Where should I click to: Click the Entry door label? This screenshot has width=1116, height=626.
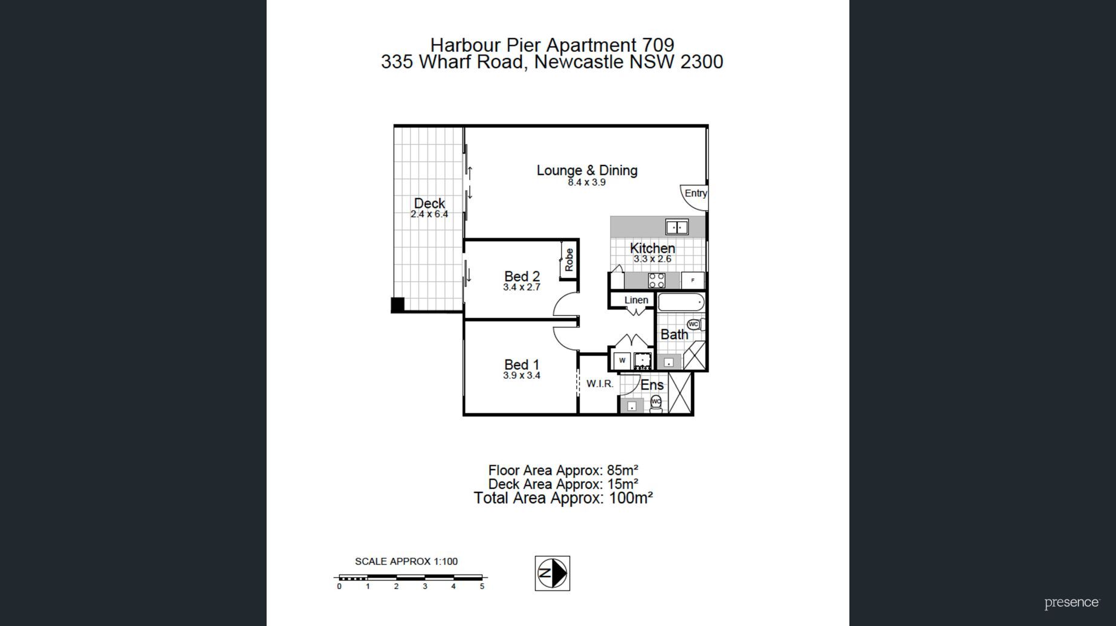point(695,193)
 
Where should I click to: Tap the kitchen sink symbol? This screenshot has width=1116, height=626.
point(676,227)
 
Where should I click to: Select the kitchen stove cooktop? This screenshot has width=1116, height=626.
point(657,280)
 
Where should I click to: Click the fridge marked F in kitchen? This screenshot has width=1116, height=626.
point(692,280)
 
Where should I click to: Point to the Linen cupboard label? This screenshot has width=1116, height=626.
point(636,300)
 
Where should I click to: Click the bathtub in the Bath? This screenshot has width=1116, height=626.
point(681,302)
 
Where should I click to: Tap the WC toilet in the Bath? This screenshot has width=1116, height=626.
point(696,324)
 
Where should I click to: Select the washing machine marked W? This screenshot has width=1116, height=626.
point(622,361)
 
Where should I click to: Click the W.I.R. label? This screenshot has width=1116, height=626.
point(600,384)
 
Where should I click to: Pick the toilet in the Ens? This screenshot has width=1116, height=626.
point(656,403)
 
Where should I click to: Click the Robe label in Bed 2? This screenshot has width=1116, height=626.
point(569,260)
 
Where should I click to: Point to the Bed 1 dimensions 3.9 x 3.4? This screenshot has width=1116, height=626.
point(522,375)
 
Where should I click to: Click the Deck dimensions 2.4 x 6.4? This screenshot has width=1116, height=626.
point(429,214)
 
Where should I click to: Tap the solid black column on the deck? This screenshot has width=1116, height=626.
point(398,305)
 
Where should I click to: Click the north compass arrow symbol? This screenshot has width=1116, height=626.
point(553,573)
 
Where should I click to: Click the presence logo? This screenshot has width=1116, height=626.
point(1072,603)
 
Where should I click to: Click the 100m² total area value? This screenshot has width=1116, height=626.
point(631,498)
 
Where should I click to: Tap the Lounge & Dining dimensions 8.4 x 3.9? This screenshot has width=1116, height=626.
point(586,182)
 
